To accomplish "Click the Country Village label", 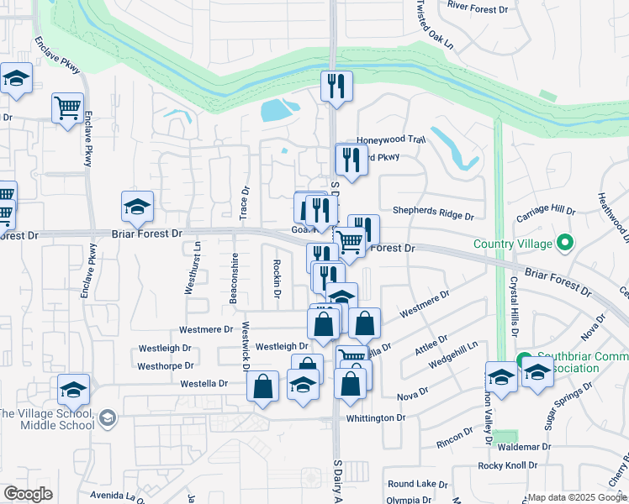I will [513, 244].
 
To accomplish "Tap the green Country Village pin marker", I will [565, 244].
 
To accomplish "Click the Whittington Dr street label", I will [376, 417].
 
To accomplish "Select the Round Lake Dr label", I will [418, 484].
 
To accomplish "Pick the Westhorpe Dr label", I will [165, 366].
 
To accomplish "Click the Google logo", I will [28, 494].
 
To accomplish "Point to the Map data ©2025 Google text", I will [577, 496].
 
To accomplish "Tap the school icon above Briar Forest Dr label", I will [138, 206].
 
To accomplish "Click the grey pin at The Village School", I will [108, 417].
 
